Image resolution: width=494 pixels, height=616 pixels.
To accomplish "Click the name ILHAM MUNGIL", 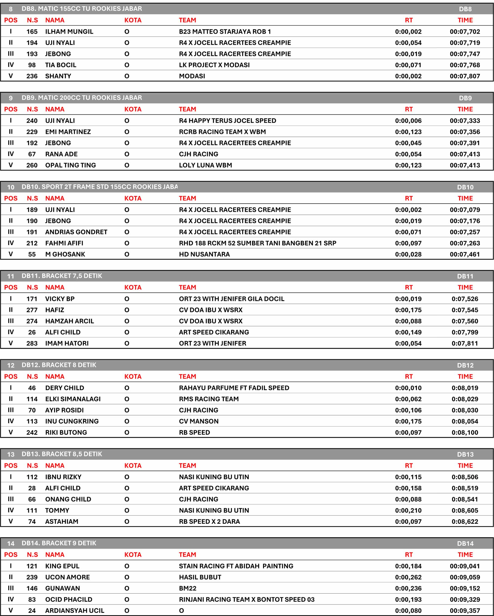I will click(69, 32).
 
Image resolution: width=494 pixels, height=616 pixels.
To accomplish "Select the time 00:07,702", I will click(465, 32).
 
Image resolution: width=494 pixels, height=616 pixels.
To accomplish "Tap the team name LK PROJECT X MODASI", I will click(214, 65).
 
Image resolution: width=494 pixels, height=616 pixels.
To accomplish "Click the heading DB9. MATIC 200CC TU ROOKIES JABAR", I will click(82, 98).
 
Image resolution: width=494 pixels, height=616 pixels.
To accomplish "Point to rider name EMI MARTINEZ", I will click(68, 132).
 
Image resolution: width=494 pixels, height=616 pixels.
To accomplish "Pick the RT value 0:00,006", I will click(408, 121).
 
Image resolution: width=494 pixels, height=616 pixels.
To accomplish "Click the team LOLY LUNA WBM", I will click(205, 166).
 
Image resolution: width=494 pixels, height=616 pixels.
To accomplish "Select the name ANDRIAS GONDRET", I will click(76, 232).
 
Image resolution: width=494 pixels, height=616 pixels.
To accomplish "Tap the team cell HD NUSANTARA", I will click(204, 254).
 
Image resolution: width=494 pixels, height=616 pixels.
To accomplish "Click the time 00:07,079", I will click(465, 210).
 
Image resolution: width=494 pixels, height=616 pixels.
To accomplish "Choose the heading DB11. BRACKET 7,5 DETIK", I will click(62, 276).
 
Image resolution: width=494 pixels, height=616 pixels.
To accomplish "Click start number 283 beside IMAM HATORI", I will click(32, 343).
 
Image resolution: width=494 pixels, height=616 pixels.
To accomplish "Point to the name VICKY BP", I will click(60, 299).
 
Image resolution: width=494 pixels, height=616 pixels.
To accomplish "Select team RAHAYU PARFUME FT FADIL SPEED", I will click(234, 388).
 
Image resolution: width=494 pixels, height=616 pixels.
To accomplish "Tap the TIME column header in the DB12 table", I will click(465, 377).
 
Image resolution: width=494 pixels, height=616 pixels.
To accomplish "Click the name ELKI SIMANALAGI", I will click(73, 399).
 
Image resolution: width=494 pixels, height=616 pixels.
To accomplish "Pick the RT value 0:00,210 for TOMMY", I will click(408, 510).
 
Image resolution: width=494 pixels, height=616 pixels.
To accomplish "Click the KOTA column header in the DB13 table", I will click(133, 466).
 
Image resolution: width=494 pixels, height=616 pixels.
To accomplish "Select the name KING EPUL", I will click(62, 566).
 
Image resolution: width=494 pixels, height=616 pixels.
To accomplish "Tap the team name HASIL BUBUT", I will click(200, 577).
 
